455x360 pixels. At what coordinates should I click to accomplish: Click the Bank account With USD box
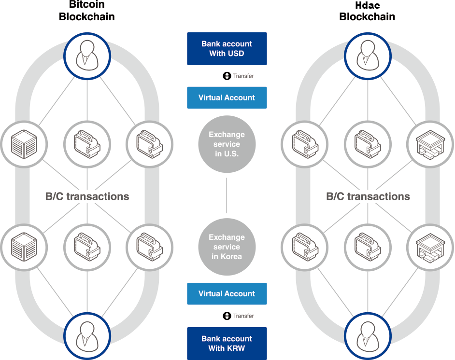click(x=227, y=49)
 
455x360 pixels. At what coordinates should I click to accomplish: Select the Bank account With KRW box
click(x=227, y=344)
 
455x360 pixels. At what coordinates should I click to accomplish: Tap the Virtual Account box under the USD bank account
click(x=227, y=97)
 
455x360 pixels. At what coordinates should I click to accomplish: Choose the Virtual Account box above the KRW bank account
click(x=227, y=293)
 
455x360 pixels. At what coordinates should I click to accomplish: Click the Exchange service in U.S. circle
click(x=227, y=144)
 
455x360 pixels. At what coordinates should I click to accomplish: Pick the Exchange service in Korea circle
click(x=227, y=247)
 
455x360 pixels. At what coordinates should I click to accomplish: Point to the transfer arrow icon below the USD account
click(x=227, y=76)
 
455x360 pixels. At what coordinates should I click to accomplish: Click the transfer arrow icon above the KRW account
click(x=227, y=316)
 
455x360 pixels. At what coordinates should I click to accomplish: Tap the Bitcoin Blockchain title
click(x=87, y=11)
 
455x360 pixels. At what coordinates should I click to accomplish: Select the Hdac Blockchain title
click(x=367, y=11)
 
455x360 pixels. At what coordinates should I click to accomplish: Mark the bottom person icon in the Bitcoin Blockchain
click(x=87, y=334)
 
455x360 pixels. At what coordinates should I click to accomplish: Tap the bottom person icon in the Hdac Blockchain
click(x=367, y=334)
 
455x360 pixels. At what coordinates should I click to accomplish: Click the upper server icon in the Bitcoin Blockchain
click(x=24, y=144)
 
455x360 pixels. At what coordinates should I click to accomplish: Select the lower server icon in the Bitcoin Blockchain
click(x=24, y=247)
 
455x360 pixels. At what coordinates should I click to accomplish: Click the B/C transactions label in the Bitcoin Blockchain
click(x=87, y=196)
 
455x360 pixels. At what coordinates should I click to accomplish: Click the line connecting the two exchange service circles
click(x=227, y=195)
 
